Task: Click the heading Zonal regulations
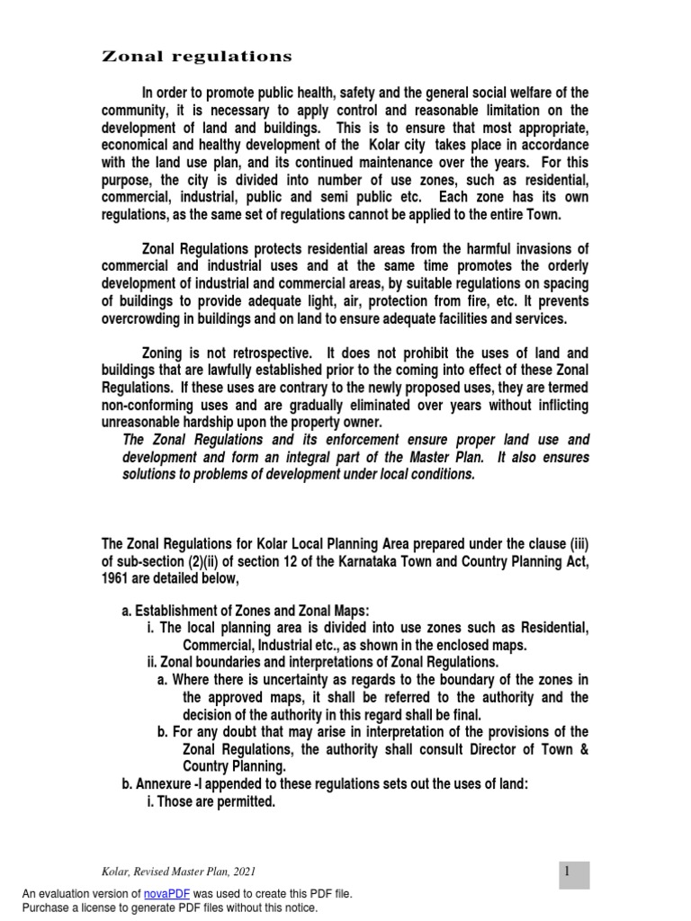pos(196,57)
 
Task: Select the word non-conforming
pos(146,406)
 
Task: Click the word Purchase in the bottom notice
pos(48,908)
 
